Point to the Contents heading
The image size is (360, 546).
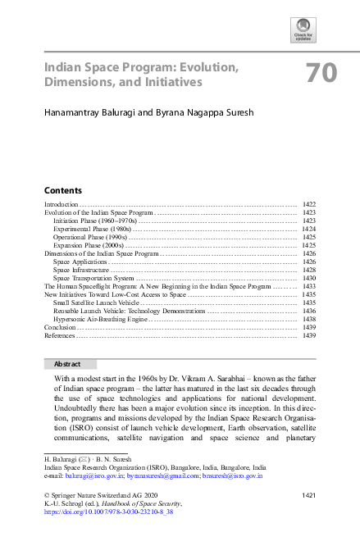pyautogui.click(x=62, y=189)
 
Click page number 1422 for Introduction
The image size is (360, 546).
pyautogui.click(x=309, y=203)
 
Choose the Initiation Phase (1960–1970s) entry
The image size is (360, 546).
pyautogui.click(x=95, y=221)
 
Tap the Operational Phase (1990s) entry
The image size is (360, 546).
pyautogui.click(x=90, y=238)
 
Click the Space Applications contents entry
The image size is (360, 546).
pyautogui.click(x=80, y=262)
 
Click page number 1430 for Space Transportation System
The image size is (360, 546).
pyautogui.click(x=309, y=279)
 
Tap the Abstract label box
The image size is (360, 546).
pyautogui.click(x=67, y=362)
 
